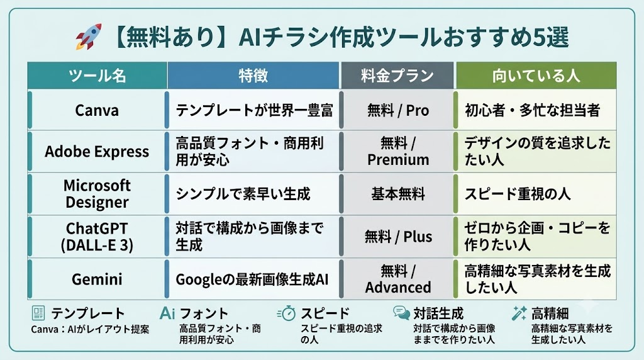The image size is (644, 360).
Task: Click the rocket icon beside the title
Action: click(88, 37)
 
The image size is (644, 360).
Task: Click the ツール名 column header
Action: click(97, 76)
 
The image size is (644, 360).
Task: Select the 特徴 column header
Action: click(253, 76)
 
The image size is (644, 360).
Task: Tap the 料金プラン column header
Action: click(397, 76)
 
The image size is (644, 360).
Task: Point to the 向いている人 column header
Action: click(536, 76)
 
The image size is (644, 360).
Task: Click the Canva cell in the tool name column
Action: click(97, 110)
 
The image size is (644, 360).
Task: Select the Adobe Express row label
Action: click(97, 152)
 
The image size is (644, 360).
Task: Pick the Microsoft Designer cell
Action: click(97, 194)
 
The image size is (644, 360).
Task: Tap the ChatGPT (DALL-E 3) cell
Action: click(97, 237)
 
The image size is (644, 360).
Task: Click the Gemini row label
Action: click(97, 279)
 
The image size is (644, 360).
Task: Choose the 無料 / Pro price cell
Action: click(398, 110)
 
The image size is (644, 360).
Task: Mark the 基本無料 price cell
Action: click(398, 194)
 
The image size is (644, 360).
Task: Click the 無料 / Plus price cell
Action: click(398, 237)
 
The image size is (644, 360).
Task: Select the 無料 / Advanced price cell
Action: click(398, 279)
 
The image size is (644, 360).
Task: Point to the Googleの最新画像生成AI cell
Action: click(252, 279)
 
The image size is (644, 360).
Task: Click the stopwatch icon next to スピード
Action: click(287, 313)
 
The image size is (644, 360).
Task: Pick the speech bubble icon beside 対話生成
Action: click(401, 313)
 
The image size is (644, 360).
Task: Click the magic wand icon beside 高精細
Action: click(519, 313)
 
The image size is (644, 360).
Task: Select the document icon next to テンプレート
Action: click(38, 313)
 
